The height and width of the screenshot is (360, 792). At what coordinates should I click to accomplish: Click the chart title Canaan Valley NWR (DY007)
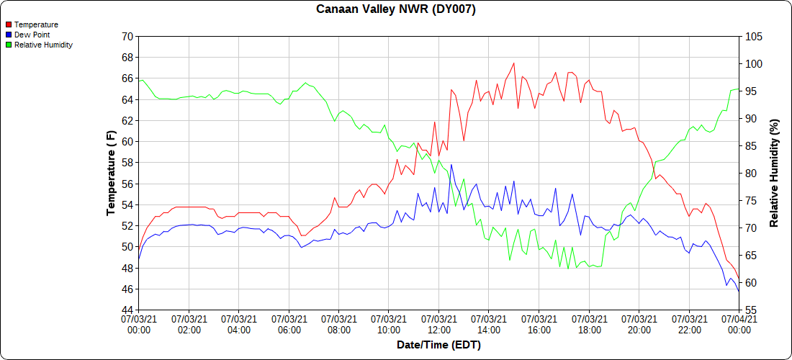(396, 9)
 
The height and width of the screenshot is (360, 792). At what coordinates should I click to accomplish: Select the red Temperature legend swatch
(8, 24)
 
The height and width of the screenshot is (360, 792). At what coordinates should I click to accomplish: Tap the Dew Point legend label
(32, 35)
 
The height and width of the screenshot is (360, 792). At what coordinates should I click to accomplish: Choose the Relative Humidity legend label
(43, 45)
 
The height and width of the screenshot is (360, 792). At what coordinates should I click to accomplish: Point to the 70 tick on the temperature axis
(127, 36)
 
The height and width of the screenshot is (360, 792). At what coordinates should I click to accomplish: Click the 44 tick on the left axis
(127, 310)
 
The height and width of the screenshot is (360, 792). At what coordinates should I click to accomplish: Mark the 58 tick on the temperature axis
(127, 163)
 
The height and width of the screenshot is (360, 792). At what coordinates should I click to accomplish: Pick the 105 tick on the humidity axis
(753, 36)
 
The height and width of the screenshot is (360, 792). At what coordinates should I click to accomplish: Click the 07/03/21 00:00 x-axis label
(139, 324)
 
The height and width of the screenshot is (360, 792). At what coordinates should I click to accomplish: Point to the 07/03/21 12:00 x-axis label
(438, 324)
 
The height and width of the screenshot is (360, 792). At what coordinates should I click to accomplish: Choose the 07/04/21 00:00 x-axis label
(739, 324)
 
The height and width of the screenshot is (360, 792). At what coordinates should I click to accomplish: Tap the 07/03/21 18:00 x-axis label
(589, 324)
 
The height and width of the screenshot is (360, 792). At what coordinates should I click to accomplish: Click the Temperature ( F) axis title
(111, 173)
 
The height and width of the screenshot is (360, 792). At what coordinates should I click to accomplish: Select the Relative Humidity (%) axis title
(775, 173)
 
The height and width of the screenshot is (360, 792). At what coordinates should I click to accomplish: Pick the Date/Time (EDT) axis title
(438, 345)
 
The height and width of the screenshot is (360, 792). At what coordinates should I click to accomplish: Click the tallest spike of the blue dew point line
(451, 165)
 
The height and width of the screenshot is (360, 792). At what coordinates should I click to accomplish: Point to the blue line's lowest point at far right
(739, 289)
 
